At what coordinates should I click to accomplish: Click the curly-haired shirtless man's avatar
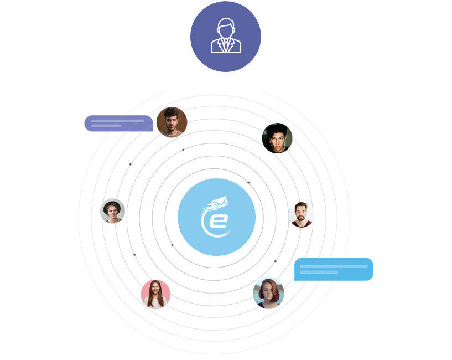pyautogui.click(x=172, y=122)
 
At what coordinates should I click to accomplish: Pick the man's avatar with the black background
pyautogui.click(x=277, y=138)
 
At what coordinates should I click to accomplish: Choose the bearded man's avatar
pyautogui.click(x=302, y=214)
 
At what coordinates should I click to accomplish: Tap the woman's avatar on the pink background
pyautogui.click(x=155, y=294)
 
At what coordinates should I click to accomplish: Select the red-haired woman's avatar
pyautogui.click(x=268, y=293)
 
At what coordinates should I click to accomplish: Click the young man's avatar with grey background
pyautogui.click(x=112, y=210)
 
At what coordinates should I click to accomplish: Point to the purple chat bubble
pyautogui.click(x=118, y=124)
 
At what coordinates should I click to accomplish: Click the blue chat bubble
pyautogui.click(x=334, y=269)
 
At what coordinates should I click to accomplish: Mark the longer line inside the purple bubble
pyautogui.click(x=117, y=121)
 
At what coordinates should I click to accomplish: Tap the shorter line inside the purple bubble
pyautogui.click(x=106, y=126)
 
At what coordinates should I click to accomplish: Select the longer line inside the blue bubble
pyautogui.click(x=334, y=266)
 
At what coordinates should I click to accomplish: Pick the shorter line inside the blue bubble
pyautogui.click(x=319, y=272)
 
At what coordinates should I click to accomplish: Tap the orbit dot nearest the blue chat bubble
pyautogui.click(x=276, y=261)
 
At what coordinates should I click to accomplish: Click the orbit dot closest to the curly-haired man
pyautogui.click(x=183, y=150)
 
